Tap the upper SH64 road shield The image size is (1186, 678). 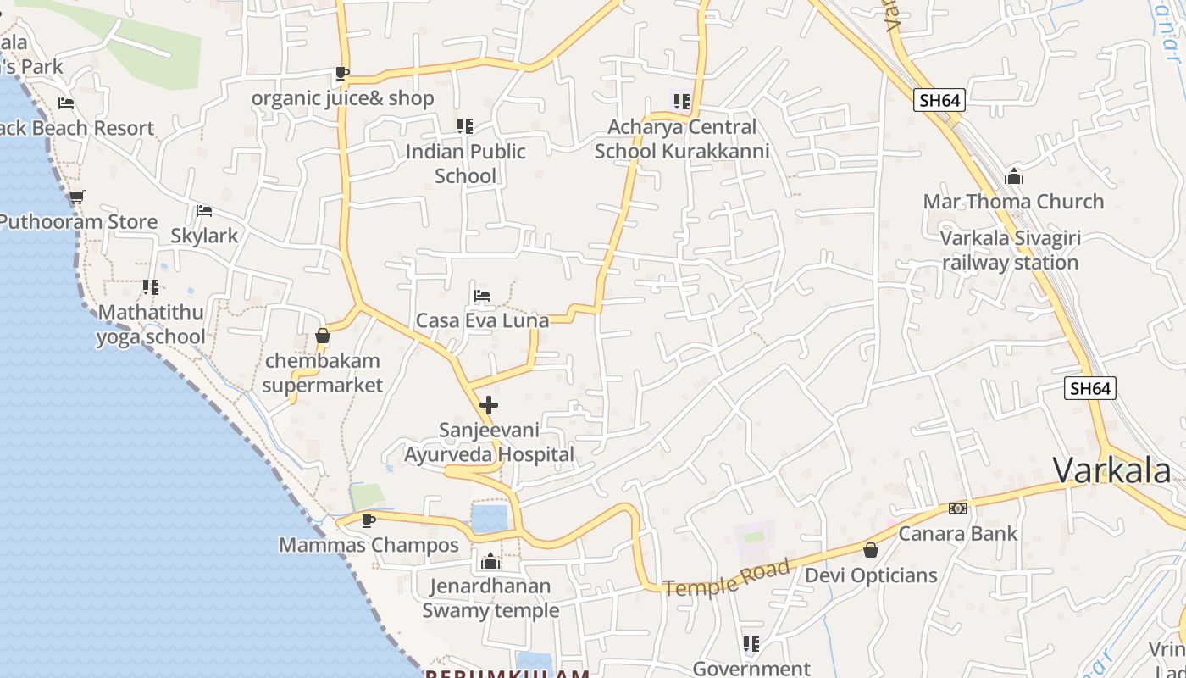(x=939, y=100)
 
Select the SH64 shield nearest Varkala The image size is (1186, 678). (x=1089, y=388)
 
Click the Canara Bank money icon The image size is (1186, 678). (x=958, y=508)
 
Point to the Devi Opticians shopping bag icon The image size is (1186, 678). (x=870, y=550)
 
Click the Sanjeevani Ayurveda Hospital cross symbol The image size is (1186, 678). (x=489, y=405)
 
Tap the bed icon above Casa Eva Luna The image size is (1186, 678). (x=482, y=296)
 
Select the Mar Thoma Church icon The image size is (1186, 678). (x=1013, y=177)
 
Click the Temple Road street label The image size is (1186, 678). (x=727, y=577)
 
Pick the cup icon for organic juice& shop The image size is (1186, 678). (x=341, y=74)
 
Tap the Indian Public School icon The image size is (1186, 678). (x=464, y=126)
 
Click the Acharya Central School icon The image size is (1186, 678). (x=681, y=102)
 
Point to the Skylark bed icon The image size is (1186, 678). (x=203, y=211)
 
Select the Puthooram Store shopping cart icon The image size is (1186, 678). (x=76, y=197)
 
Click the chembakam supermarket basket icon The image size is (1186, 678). (x=322, y=336)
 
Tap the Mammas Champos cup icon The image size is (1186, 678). (x=368, y=520)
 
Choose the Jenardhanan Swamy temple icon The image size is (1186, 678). (x=490, y=561)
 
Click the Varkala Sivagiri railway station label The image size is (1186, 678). (x=1010, y=250)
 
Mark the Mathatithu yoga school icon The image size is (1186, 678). (x=151, y=287)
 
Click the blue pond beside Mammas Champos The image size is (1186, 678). (x=490, y=518)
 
